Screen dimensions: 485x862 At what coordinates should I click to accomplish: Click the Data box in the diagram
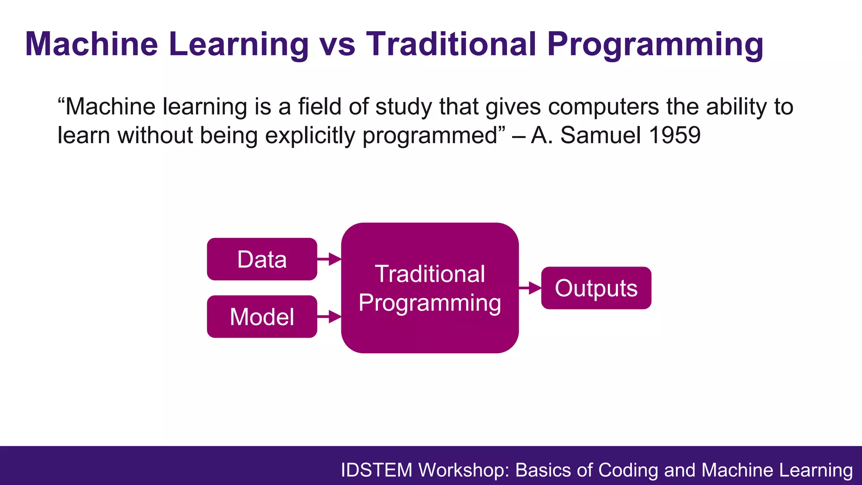point(262,259)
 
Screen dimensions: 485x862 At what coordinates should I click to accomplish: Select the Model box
point(262,317)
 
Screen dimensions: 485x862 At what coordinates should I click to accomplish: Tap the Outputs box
point(596,288)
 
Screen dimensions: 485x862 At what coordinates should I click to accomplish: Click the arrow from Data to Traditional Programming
point(329,259)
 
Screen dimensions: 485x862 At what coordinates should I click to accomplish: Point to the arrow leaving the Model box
point(329,316)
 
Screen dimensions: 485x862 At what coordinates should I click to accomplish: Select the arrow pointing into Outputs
point(530,288)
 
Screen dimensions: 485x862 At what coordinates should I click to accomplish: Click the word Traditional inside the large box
point(430,274)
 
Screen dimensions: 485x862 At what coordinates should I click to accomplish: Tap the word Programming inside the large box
point(430,303)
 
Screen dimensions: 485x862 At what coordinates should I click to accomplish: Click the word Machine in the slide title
point(91,44)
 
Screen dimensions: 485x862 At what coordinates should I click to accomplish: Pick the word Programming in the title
point(654,44)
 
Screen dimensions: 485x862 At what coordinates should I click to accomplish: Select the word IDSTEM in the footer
point(376,470)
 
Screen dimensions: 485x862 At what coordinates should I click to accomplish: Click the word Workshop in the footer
point(464,470)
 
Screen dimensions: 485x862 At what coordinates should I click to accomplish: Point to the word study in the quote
point(404,107)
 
